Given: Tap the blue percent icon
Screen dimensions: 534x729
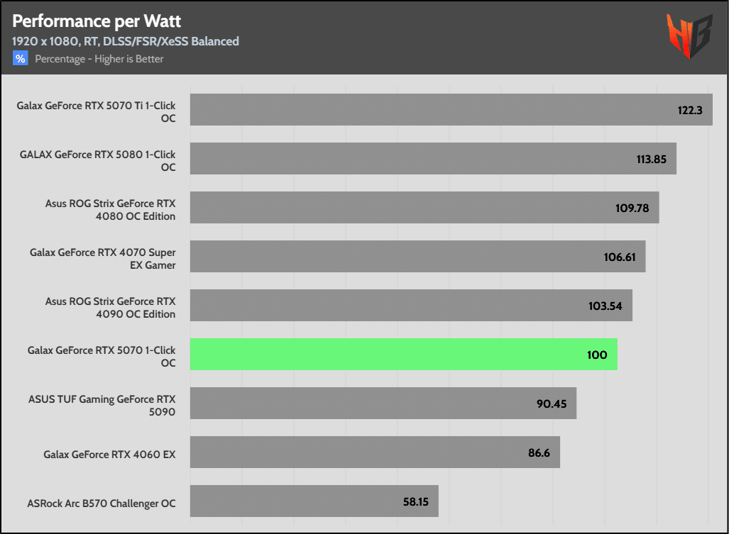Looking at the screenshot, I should click(x=20, y=59).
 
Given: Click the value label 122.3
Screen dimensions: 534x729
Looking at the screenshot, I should click(x=689, y=110).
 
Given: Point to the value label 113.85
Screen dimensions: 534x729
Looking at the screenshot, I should click(x=651, y=159).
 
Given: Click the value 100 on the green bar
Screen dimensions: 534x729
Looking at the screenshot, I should click(x=597, y=355).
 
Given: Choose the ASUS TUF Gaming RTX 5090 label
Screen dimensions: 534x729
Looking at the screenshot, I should click(x=102, y=405).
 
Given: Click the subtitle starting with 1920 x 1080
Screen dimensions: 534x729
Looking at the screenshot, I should click(x=126, y=41).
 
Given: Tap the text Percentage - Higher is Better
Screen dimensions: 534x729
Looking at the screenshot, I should click(x=99, y=59).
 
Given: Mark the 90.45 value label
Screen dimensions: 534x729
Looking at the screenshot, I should click(x=551, y=404).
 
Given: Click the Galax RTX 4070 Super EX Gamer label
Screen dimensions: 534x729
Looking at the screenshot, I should click(x=102, y=258).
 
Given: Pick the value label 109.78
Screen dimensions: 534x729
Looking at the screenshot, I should click(x=633, y=208).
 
